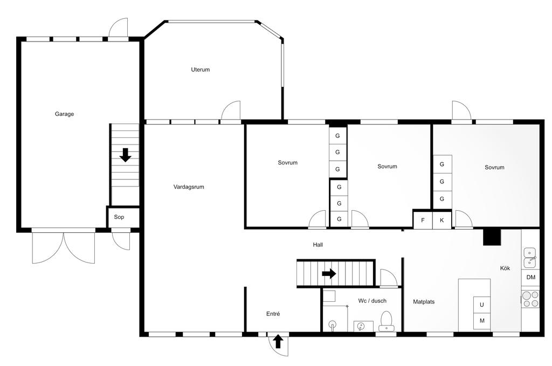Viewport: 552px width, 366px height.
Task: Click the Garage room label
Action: [x=65, y=114]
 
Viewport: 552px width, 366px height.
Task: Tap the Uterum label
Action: [x=201, y=70]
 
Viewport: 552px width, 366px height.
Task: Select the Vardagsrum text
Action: [x=189, y=187]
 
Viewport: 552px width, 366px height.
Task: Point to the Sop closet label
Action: [x=119, y=217]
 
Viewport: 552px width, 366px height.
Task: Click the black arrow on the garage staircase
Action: [x=125, y=155]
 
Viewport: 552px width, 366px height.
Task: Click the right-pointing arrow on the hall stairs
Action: [x=329, y=273]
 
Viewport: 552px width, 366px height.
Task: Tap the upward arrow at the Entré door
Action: [x=278, y=341]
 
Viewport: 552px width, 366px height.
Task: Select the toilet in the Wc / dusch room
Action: [x=387, y=321]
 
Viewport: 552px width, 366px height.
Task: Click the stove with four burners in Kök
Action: [x=530, y=299]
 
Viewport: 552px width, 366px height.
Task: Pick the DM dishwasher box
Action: [x=530, y=277]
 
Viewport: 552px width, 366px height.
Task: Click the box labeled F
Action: [x=423, y=220]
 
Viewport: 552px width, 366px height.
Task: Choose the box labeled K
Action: [x=442, y=220]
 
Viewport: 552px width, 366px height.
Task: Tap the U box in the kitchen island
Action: [x=481, y=305]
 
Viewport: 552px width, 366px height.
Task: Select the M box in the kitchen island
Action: [x=481, y=321]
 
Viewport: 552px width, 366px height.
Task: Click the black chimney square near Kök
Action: [x=492, y=237]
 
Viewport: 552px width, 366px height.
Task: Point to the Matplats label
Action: [x=424, y=302]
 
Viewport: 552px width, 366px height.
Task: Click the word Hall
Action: [x=318, y=245]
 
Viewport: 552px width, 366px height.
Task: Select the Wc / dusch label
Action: [x=372, y=301]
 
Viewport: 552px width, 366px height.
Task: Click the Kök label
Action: [x=505, y=268]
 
